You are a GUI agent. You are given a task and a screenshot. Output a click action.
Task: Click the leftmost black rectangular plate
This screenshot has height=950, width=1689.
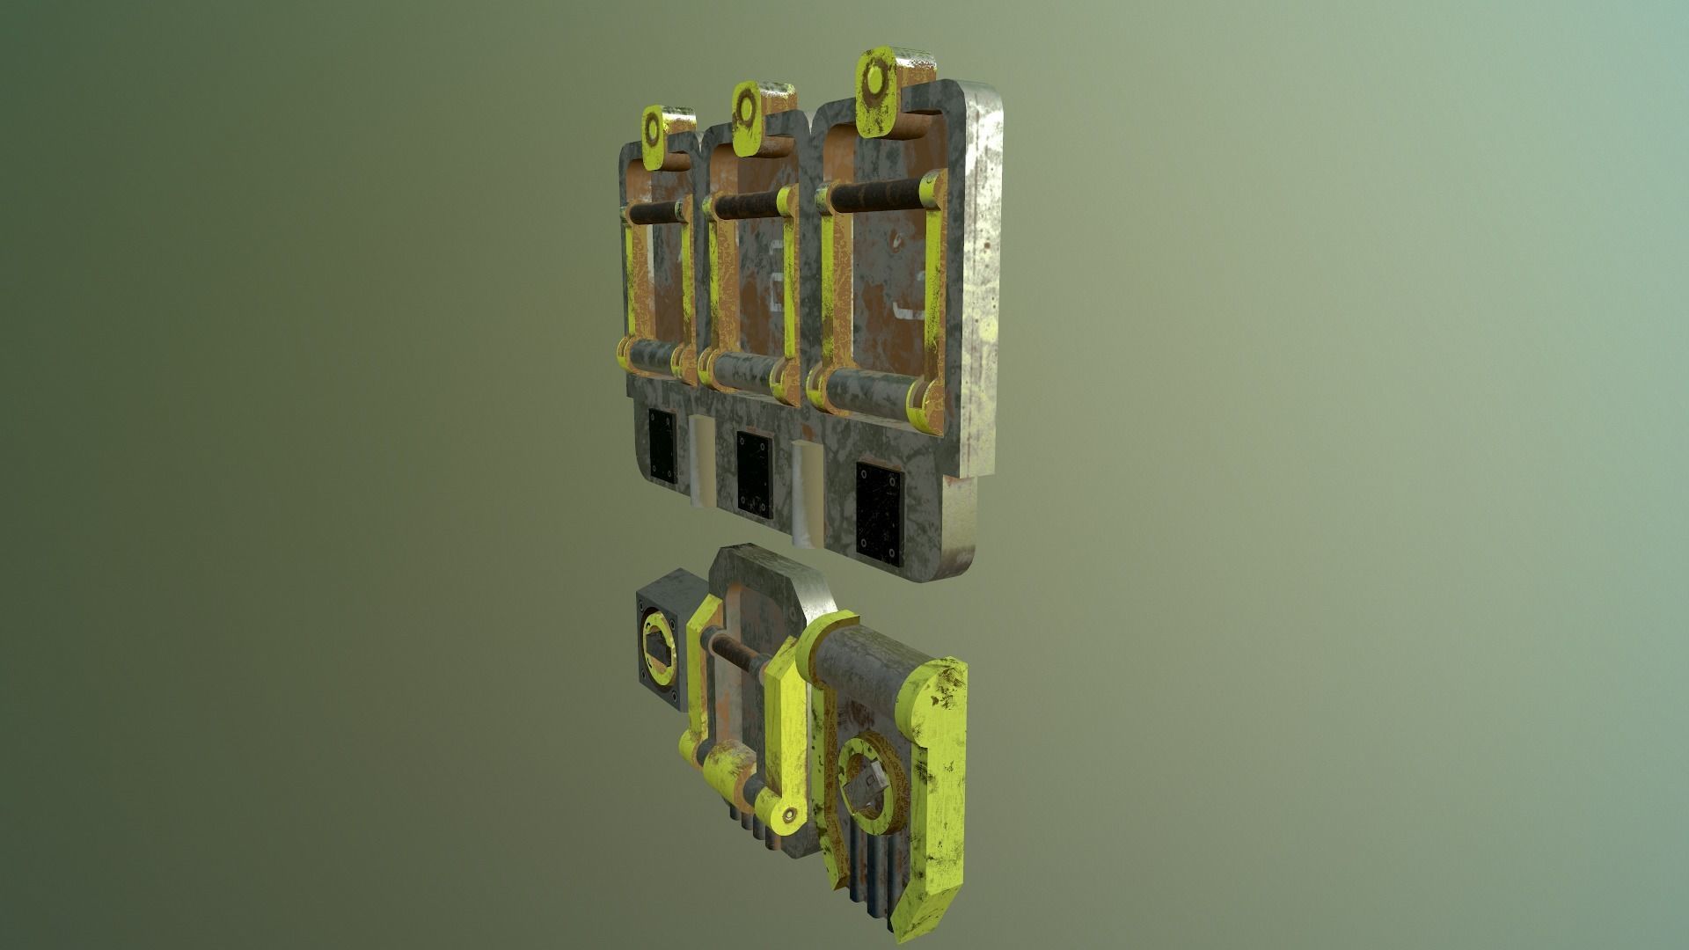[662, 445]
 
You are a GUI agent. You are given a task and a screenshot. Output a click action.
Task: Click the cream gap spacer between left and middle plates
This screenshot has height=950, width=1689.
[704, 462]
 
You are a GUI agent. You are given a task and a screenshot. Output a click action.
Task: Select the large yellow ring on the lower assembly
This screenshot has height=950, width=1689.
[871, 778]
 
